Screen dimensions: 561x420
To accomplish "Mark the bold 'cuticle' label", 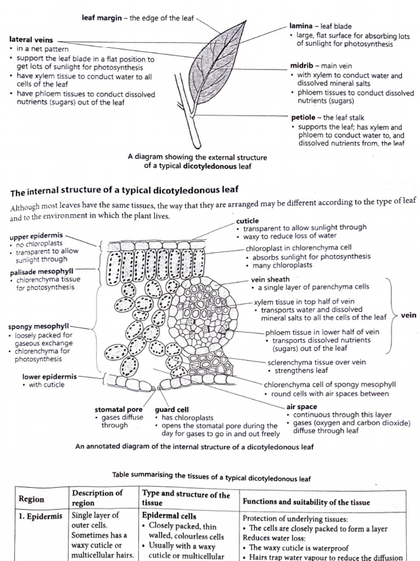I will coord(247,220).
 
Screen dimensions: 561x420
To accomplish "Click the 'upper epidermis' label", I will coord(36,237).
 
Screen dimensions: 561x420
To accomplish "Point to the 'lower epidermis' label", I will coord(49,377).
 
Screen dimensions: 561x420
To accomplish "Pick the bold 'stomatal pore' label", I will coord(119,410).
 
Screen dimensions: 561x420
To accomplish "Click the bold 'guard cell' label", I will coord(172,410).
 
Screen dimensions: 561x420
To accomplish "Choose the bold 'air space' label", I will coord(301,407).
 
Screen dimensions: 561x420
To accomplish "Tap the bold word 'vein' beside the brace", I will coord(409,316).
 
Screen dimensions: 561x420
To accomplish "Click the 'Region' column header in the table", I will coord(32,499).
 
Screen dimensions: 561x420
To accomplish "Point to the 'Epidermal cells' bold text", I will coord(165,516).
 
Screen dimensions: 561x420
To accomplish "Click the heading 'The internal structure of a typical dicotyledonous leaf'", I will coord(125,191).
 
